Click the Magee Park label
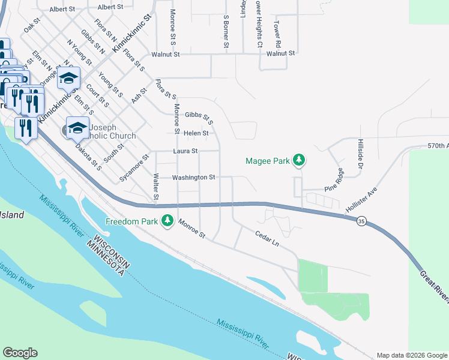[x=268, y=160]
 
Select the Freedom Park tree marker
[x=167, y=221]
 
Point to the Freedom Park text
[x=131, y=221]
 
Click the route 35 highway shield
[x=361, y=221]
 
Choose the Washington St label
[x=193, y=178]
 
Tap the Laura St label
[x=185, y=151]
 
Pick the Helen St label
[x=196, y=133]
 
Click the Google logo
[x=20, y=353]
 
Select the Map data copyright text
[x=411, y=355]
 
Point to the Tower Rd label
[x=277, y=36]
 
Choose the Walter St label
[x=155, y=187]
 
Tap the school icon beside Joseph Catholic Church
[x=77, y=127]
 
